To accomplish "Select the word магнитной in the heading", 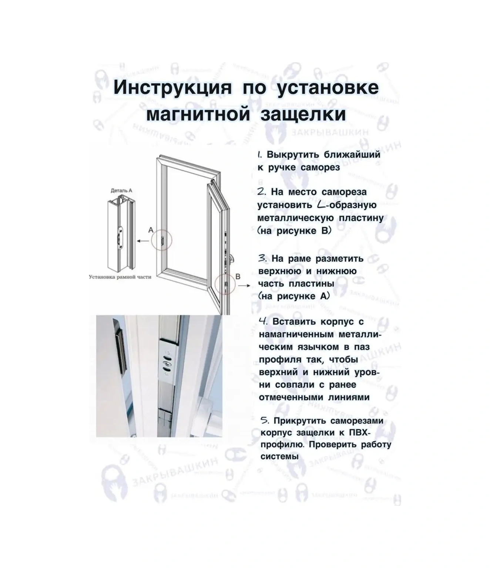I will click(198, 114).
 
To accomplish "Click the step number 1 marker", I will click(260, 155).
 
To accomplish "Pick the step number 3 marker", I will click(262, 258).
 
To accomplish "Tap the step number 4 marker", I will click(263, 321).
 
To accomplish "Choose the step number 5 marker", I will click(264, 420).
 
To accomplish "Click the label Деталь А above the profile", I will click(121, 190).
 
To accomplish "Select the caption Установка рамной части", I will click(120, 277).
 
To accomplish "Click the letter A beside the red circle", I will click(151, 230).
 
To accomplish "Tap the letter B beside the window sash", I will click(238, 277).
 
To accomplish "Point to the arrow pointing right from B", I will click(244, 286).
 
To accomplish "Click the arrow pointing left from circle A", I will click(143, 241).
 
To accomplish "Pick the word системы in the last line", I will click(279, 456).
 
